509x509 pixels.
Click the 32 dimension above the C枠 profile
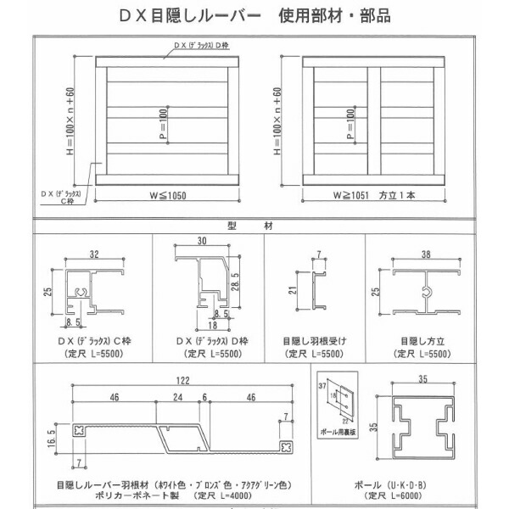pyautogui.click(x=93, y=254)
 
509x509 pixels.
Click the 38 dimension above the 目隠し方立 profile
pyautogui.click(x=423, y=254)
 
